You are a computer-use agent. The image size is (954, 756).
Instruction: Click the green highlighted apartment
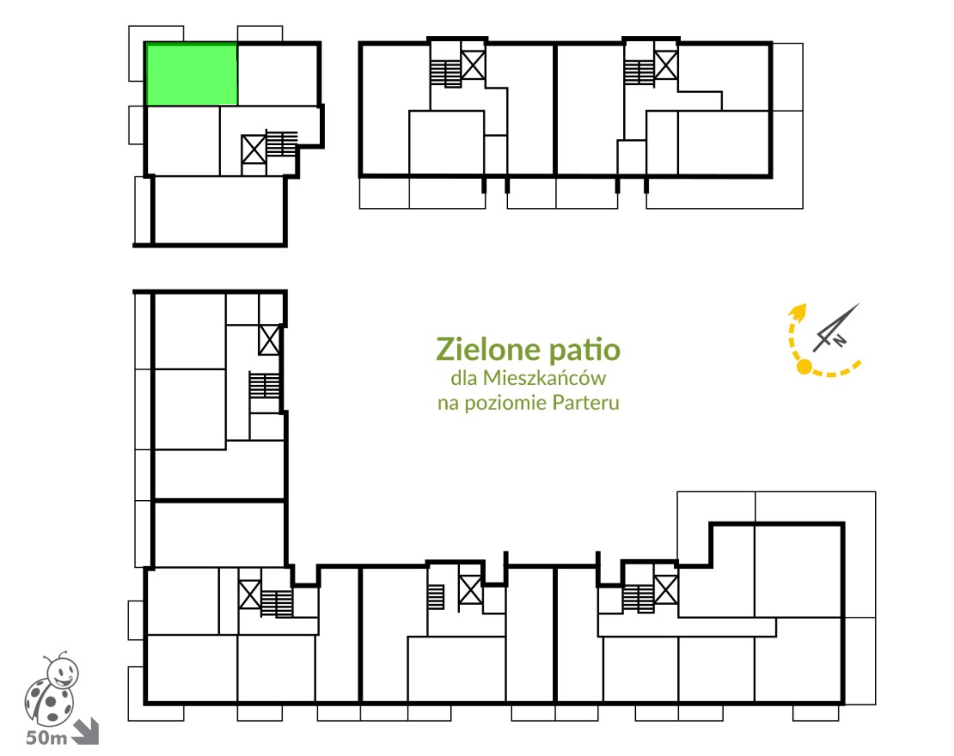tap(191, 74)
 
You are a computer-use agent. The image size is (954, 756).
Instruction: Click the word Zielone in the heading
tap(489, 349)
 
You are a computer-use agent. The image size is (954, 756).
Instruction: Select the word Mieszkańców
tap(544, 378)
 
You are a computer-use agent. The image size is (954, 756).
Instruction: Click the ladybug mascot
tap(51, 689)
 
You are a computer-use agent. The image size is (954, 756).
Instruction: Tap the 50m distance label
tap(46, 738)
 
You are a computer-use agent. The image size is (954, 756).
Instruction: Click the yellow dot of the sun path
tap(804, 367)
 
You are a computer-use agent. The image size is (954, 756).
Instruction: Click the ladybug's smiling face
tap(64, 672)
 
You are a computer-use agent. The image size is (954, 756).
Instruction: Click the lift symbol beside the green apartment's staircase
tap(254, 150)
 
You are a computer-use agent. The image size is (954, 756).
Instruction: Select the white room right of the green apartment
tap(278, 75)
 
